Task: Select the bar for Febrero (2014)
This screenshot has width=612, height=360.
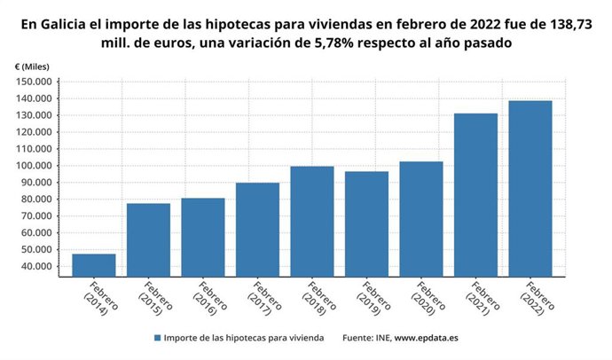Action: [x=93, y=264]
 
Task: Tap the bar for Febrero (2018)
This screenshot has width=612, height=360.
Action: [x=312, y=221]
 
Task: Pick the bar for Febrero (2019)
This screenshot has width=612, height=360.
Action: [x=366, y=223]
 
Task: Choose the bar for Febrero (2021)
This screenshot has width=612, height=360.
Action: [x=475, y=194]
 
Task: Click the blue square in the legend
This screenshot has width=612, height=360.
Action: [x=157, y=338]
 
